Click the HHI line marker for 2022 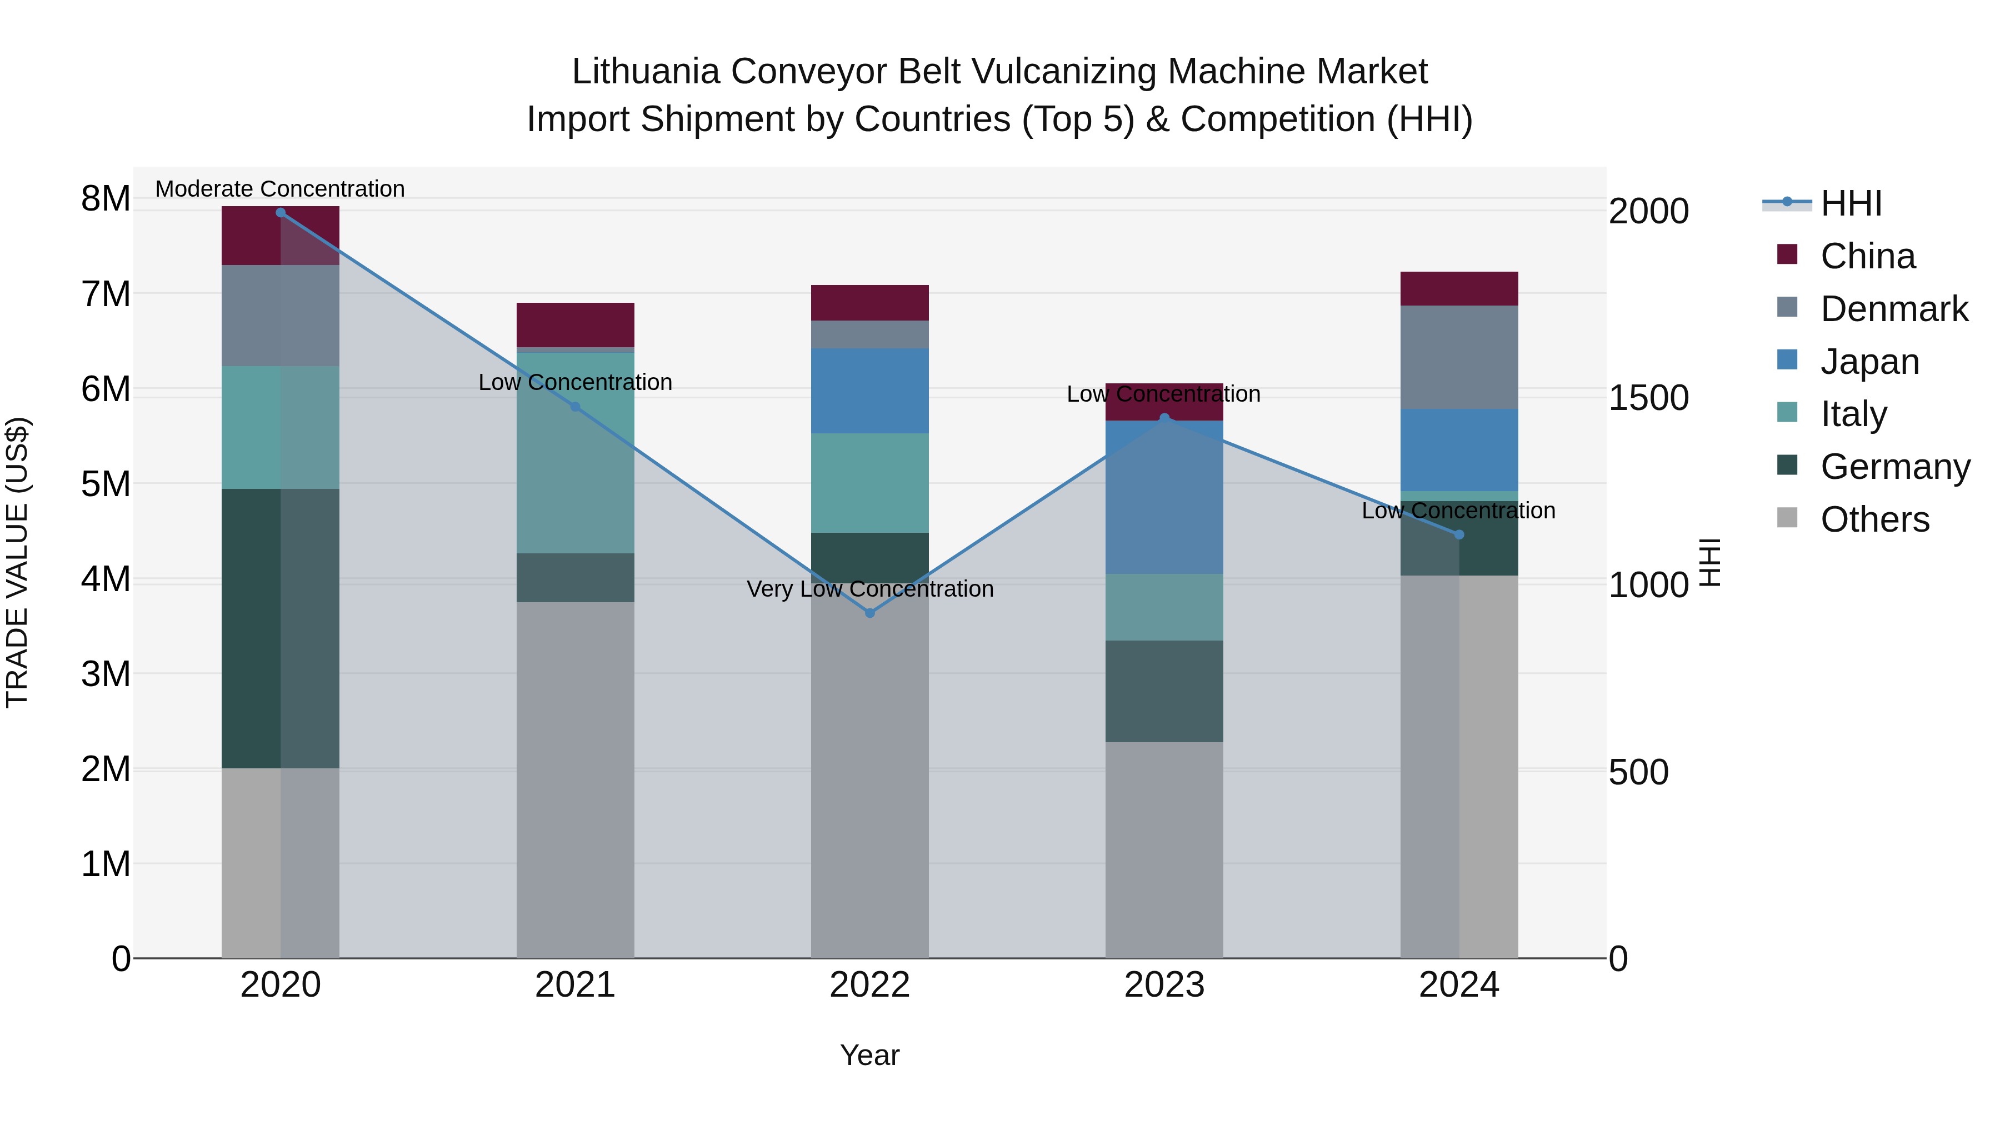tap(869, 613)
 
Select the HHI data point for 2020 tap(281, 213)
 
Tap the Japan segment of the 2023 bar tap(1164, 497)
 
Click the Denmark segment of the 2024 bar tap(1459, 357)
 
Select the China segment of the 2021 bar tap(576, 324)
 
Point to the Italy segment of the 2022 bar tap(869, 483)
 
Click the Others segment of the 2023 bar tap(1164, 850)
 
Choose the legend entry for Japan tap(1869, 362)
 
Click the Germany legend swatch tap(1787, 466)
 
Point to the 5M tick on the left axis tap(106, 484)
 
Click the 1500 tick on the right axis tap(1648, 398)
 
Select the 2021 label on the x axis tap(576, 985)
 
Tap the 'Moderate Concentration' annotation tap(281, 189)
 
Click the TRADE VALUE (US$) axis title tap(17, 562)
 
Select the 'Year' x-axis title tap(869, 1055)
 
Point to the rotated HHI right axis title tap(1709, 562)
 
